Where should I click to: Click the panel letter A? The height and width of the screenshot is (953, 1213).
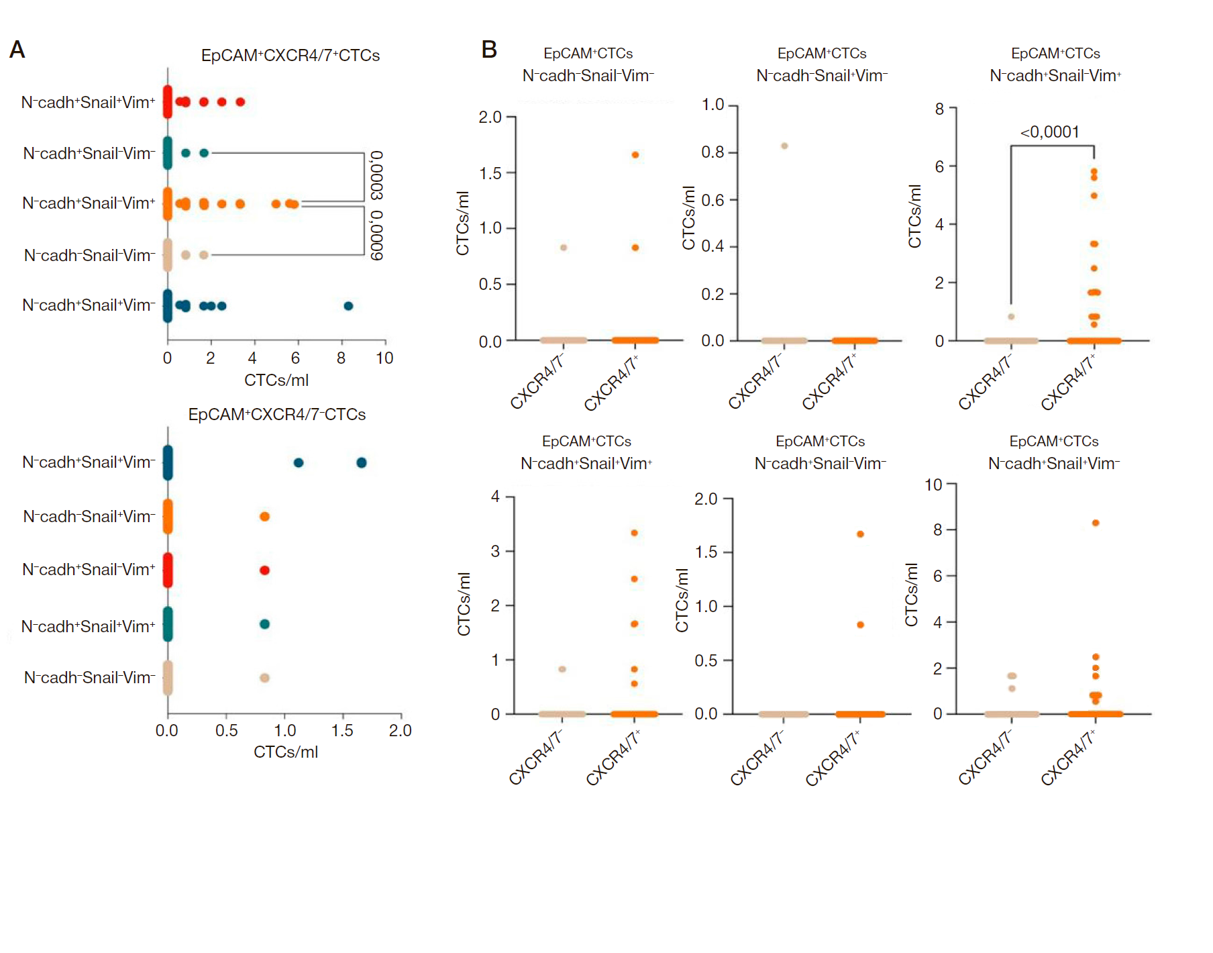click(x=17, y=50)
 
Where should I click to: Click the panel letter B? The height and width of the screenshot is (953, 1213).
click(x=489, y=50)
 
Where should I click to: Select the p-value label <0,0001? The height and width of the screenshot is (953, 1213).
click(x=1049, y=132)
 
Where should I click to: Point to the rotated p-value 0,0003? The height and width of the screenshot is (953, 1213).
click(x=377, y=174)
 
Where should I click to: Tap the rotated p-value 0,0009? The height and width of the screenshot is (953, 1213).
click(x=377, y=235)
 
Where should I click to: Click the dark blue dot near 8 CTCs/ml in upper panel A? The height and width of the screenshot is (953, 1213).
click(x=348, y=306)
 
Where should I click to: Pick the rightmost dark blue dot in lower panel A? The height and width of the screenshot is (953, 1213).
click(x=362, y=462)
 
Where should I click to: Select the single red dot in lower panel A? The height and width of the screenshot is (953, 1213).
click(x=264, y=570)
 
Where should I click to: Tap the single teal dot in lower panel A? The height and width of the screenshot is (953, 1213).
click(x=264, y=624)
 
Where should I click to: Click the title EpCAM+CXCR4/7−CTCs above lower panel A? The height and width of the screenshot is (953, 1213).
click(x=276, y=415)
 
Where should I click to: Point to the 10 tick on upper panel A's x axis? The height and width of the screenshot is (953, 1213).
click(x=384, y=358)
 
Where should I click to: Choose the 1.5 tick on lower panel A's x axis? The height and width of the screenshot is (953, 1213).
click(x=342, y=730)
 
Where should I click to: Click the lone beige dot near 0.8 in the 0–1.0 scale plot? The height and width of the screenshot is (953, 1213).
click(x=784, y=146)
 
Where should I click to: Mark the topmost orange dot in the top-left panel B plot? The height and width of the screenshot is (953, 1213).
click(x=635, y=155)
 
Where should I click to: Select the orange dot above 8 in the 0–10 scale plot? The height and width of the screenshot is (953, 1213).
click(x=1096, y=523)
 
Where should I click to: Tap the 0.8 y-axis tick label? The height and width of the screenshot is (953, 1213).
click(x=713, y=152)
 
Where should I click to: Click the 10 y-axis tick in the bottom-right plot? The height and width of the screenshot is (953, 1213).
click(x=933, y=485)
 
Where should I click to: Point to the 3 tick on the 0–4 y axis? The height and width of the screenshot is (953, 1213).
click(x=495, y=551)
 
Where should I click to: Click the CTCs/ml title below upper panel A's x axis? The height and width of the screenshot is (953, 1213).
click(x=276, y=381)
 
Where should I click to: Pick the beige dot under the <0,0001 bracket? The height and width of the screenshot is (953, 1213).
click(x=1011, y=317)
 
